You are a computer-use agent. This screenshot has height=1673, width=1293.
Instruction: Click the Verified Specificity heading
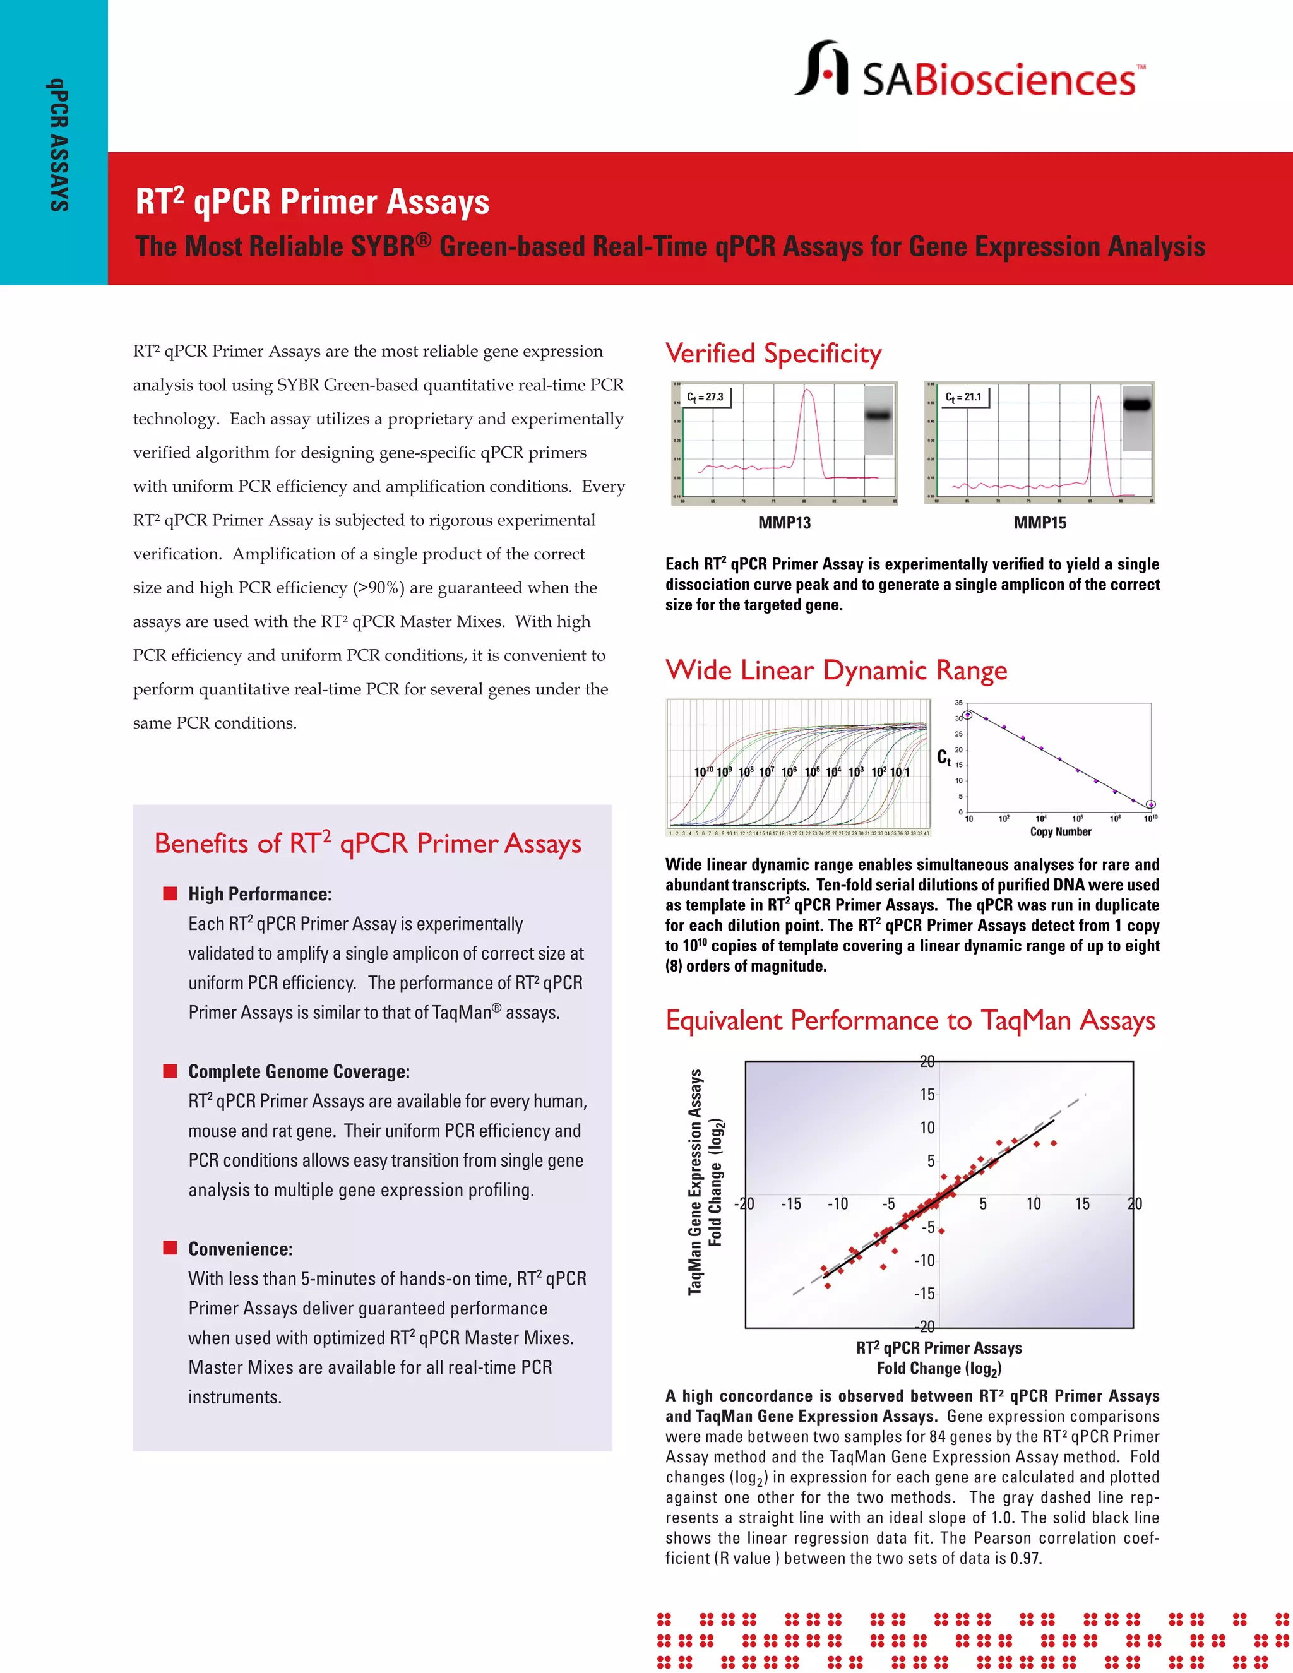pyautogui.click(x=773, y=354)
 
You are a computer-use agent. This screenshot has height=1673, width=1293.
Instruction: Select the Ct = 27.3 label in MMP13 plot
pyautogui.click(x=705, y=397)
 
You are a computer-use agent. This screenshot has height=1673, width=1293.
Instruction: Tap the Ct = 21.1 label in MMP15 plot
pyautogui.click(x=963, y=397)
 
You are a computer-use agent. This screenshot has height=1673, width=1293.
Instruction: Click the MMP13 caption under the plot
pyautogui.click(x=784, y=523)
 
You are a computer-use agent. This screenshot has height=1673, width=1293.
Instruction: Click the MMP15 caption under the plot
pyautogui.click(x=1039, y=523)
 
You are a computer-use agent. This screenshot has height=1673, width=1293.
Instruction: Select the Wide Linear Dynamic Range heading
pyautogui.click(x=836, y=670)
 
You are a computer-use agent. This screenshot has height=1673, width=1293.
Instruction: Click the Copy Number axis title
pyautogui.click(x=1060, y=832)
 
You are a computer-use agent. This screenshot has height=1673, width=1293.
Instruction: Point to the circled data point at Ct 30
pyautogui.click(x=967, y=715)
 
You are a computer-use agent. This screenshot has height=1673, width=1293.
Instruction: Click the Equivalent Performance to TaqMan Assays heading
pyautogui.click(x=910, y=1020)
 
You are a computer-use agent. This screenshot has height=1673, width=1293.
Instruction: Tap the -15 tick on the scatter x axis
pyautogui.click(x=790, y=1203)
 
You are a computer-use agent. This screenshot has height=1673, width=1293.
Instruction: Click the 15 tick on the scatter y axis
pyautogui.click(x=927, y=1095)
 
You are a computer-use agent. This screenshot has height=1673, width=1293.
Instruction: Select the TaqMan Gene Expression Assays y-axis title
pyautogui.click(x=694, y=1182)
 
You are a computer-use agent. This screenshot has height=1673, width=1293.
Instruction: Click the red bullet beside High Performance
pyautogui.click(x=170, y=893)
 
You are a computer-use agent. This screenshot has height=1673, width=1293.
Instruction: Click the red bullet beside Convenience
pyautogui.click(x=170, y=1248)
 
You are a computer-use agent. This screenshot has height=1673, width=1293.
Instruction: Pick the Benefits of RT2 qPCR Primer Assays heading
pyautogui.click(x=367, y=843)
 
